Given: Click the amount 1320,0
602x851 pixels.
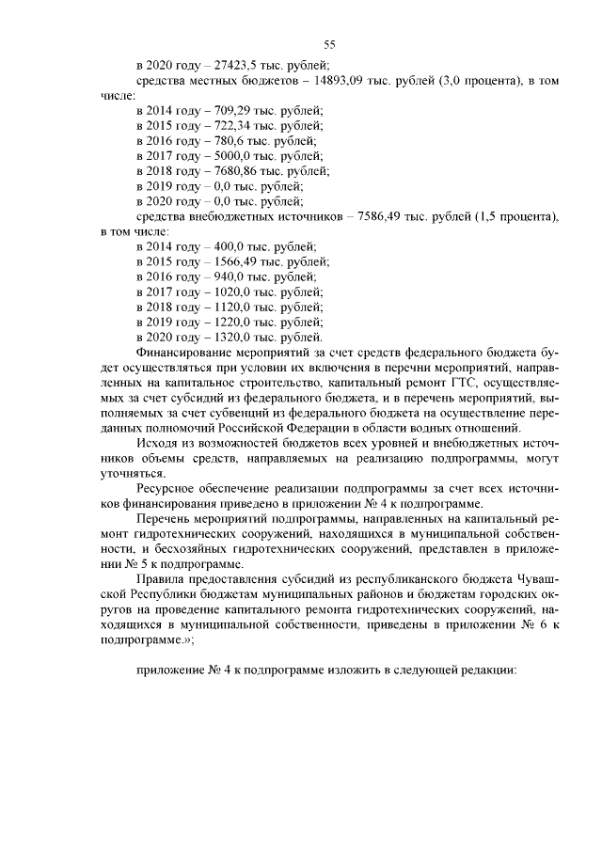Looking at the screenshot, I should pyautogui.click(x=238, y=337).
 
